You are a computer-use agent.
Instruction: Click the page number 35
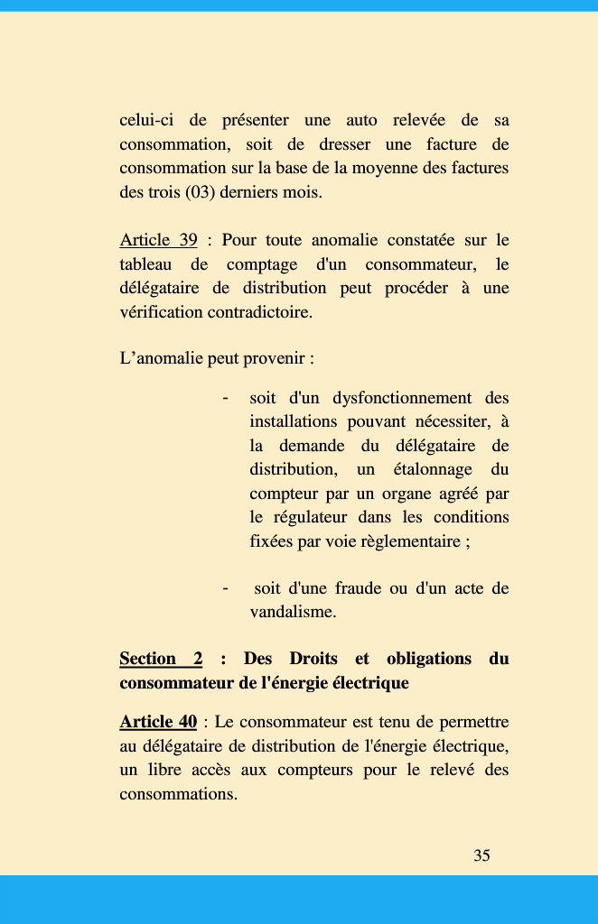pyautogui.click(x=481, y=855)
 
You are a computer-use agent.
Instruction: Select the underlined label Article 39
pyautogui.click(x=158, y=240)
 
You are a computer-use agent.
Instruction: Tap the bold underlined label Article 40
pyautogui.click(x=158, y=722)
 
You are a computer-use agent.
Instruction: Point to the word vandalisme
pyautogui.click(x=293, y=612)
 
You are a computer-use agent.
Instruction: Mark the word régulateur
pyautogui.click(x=309, y=517)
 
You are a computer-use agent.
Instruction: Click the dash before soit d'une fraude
pyautogui.click(x=225, y=588)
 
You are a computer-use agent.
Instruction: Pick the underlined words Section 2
pyautogui.click(x=161, y=659)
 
